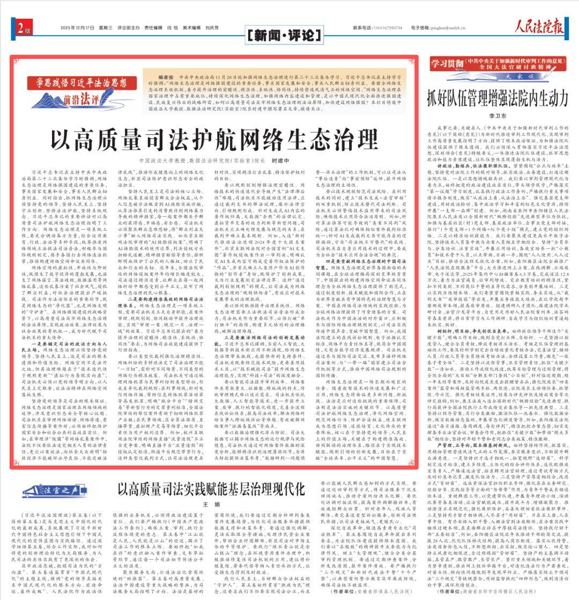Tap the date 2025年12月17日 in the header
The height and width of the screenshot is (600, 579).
76,27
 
